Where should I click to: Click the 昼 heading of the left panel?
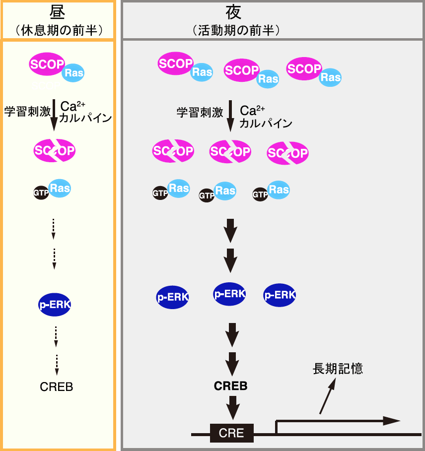click(58, 12)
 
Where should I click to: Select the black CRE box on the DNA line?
click(232, 433)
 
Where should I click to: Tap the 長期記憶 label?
click(338, 368)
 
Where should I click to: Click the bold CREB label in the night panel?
click(230, 386)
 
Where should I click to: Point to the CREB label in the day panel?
click(57, 387)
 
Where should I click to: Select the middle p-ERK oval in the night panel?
click(229, 294)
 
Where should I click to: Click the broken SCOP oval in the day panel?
click(55, 150)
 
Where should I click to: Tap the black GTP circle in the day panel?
click(41, 193)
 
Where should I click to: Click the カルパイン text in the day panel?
click(85, 118)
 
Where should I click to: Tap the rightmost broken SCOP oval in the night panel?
click(288, 153)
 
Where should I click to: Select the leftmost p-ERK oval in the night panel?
click(173, 297)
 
